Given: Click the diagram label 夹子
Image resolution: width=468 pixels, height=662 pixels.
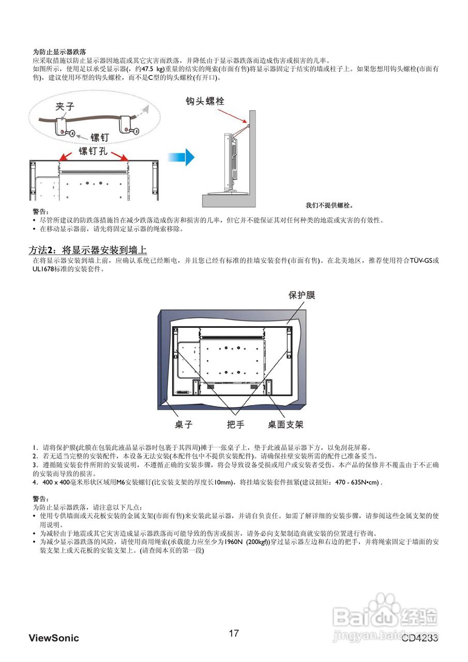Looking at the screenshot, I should (65, 107).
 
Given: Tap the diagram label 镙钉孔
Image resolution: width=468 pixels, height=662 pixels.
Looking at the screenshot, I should (93, 151).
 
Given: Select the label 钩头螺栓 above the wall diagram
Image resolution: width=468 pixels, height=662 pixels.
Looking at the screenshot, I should (205, 101).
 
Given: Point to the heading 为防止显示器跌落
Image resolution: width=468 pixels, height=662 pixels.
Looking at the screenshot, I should (59, 52).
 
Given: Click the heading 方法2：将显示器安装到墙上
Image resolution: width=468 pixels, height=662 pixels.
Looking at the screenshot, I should (87, 251).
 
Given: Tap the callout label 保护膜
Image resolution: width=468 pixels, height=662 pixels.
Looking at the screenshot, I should (302, 295).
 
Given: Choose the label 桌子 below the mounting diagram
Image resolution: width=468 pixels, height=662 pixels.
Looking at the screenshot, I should (184, 425).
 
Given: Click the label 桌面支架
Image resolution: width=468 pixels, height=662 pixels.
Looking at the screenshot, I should (285, 425).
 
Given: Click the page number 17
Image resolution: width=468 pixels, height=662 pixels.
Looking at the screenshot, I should (234, 633).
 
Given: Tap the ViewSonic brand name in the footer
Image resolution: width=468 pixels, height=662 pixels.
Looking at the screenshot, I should (54, 638).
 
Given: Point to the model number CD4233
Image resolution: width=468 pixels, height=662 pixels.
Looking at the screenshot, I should (420, 638).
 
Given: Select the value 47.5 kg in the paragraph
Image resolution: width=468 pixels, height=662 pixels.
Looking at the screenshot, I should (153, 69).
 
